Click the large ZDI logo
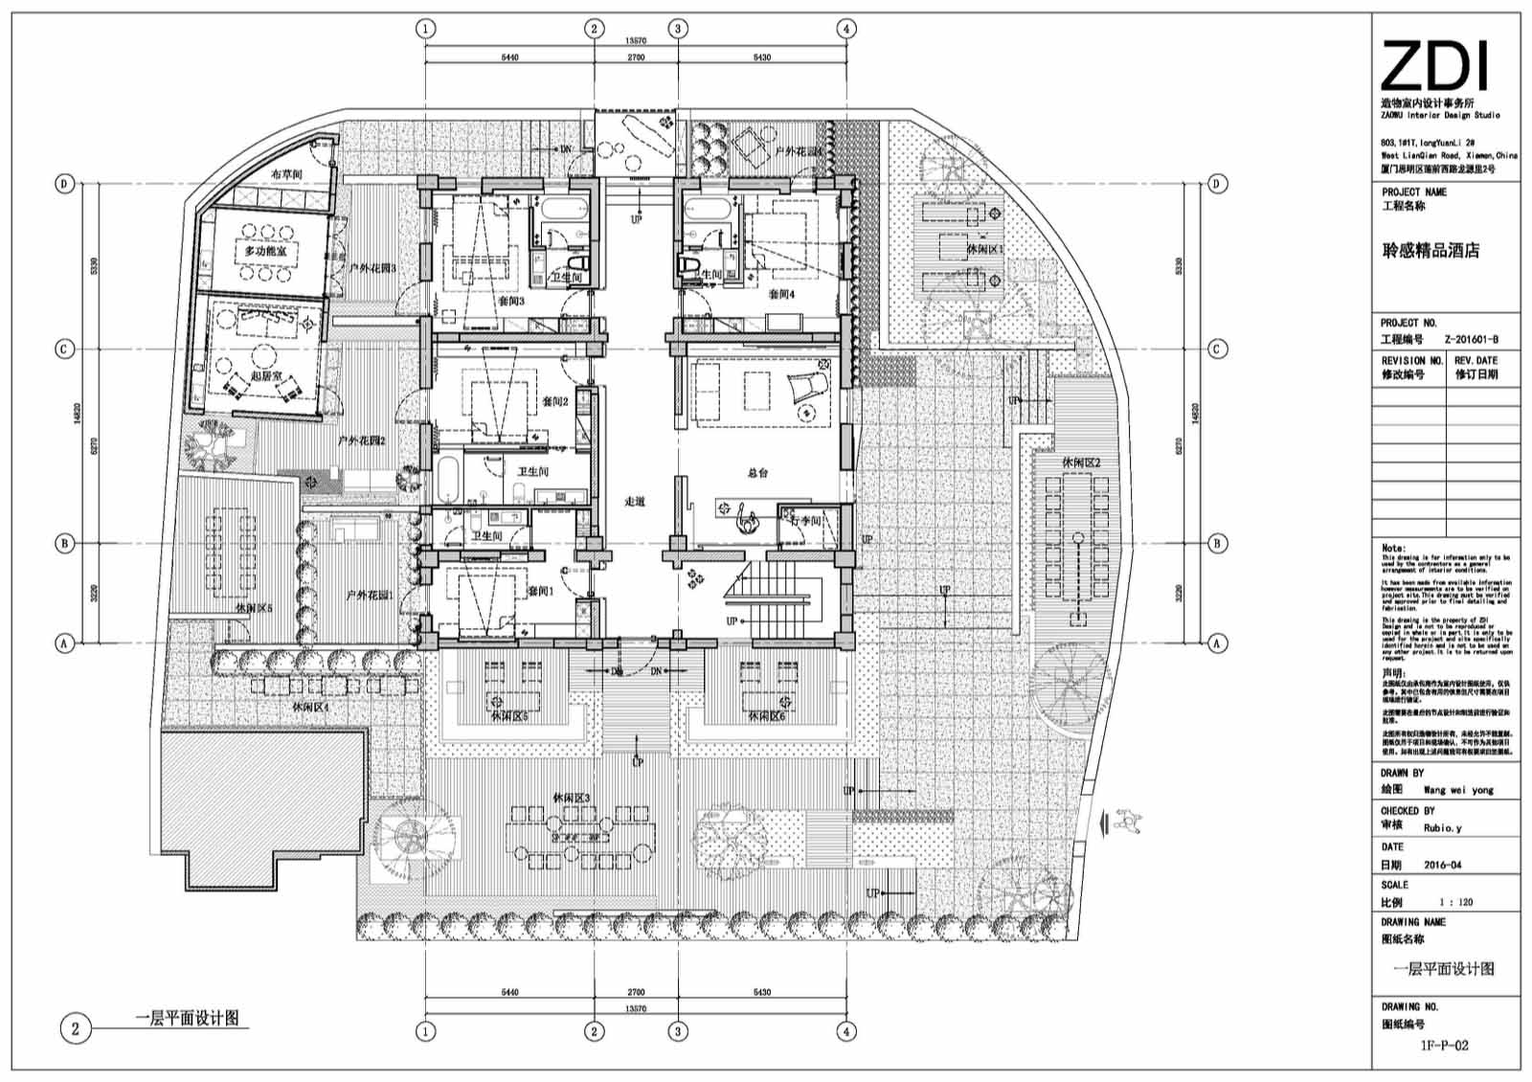tap(1433, 67)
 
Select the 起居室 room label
tap(265, 376)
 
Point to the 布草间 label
tap(285, 174)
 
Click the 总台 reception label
tap(757, 472)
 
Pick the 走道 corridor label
tap(635, 501)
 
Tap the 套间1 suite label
tap(541, 591)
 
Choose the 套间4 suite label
tap(781, 294)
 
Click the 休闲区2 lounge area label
tap(1080, 462)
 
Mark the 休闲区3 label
tap(571, 798)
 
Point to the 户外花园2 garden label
tap(361, 441)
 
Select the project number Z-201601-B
tap(1471, 339)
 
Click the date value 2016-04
tap(1442, 865)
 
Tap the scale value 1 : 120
tap(1455, 902)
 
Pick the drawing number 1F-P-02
tap(1444, 1046)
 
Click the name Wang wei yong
tap(1458, 790)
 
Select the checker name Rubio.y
tap(1442, 827)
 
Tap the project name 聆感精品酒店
tap(1431, 251)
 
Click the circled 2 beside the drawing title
tap(75, 1029)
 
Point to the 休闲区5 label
tap(255, 608)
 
